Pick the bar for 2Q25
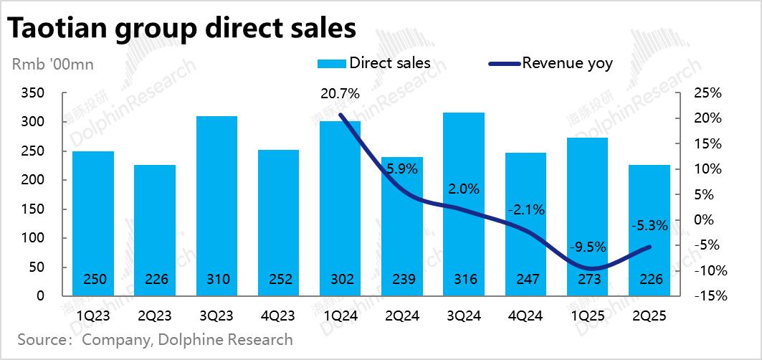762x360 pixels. pyautogui.click(x=649, y=229)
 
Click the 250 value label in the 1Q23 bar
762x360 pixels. pyautogui.click(x=93, y=280)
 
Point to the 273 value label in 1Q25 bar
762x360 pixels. pyautogui.click(x=588, y=280)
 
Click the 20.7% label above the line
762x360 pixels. pyautogui.click(x=340, y=93)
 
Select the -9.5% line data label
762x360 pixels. pyautogui.click(x=588, y=247)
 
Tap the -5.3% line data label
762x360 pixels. pyautogui.click(x=649, y=225)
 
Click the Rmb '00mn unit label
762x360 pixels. pyautogui.click(x=53, y=65)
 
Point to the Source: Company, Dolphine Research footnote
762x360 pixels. pyautogui.click(x=155, y=339)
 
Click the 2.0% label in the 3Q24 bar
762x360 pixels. pyautogui.click(x=465, y=189)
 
